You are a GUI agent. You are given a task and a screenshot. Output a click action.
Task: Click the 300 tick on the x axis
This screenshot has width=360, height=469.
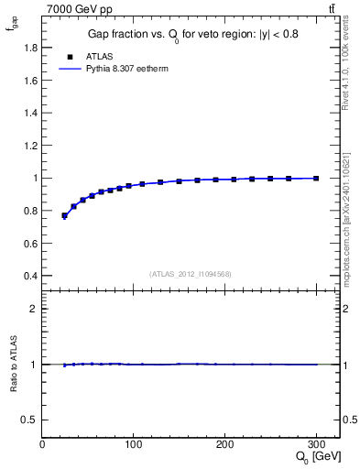(316, 444)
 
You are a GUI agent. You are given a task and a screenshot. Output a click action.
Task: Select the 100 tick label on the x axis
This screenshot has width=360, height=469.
(134, 444)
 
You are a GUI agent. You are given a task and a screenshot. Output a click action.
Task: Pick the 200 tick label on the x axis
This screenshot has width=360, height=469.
(225, 444)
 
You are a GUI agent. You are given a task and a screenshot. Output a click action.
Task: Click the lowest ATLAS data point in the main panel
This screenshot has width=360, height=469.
(64, 216)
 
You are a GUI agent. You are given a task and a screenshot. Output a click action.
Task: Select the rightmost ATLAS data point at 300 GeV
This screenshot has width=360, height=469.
(316, 179)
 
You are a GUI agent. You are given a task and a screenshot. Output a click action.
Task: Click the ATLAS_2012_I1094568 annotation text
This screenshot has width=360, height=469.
(191, 274)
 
